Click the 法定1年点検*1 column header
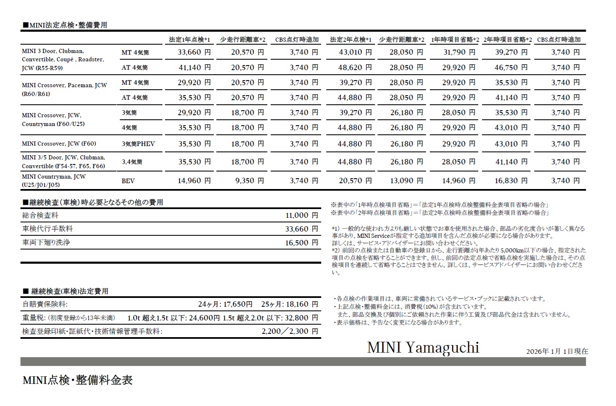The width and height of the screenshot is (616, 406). [x=189, y=40]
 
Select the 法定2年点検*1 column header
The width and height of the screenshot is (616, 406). [x=350, y=40]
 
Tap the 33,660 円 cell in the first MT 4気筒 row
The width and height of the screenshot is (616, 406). [x=194, y=53]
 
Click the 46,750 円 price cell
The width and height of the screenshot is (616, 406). [x=511, y=68]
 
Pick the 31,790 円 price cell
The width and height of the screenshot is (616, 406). [x=458, y=53]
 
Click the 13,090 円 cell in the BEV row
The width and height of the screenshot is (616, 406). [x=406, y=181]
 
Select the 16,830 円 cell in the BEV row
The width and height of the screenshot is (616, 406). [x=511, y=181]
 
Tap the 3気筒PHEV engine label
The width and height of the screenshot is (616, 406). [x=138, y=144]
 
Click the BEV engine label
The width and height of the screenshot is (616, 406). [x=128, y=181]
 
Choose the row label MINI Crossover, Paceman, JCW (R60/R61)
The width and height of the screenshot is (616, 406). [x=64, y=89]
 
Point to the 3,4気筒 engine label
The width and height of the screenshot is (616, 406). [x=132, y=162]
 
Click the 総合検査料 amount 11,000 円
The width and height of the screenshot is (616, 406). [x=302, y=216]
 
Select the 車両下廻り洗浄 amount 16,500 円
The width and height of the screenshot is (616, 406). [x=302, y=243]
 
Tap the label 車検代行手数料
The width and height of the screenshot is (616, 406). [x=48, y=229]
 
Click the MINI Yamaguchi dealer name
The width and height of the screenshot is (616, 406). [x=423, y=347]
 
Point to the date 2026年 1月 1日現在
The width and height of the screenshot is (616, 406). [x=557, y=351]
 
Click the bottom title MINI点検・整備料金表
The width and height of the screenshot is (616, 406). [x=78, y=380]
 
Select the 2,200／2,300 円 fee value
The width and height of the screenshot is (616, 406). [x=290, y=331]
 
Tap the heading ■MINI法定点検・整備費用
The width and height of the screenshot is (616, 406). [x=65, y=25]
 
